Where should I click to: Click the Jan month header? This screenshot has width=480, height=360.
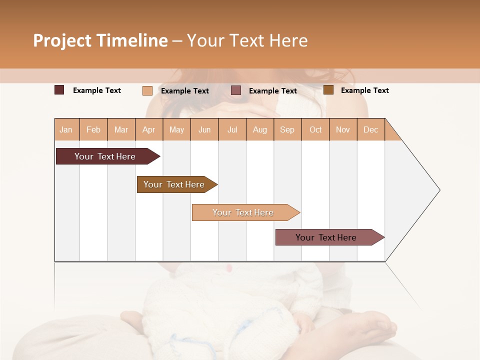pos(66,129)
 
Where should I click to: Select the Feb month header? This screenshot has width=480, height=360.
pos(93,129)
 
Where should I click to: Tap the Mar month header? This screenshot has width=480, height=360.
pos(121,129)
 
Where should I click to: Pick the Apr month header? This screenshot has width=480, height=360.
pos(149,129)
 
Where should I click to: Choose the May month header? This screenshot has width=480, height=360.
pos(176,129)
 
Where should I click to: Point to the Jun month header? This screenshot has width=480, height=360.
pos(204,129)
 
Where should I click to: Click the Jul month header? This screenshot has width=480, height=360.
pos(232,129)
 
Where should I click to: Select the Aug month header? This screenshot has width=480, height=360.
pos(260,129)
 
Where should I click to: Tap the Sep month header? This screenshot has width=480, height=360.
pos(287,129)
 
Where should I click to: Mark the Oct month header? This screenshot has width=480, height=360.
pos(315,129)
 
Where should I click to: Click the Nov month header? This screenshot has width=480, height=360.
pos(343,129)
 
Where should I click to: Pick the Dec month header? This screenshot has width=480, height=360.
pos(371,129)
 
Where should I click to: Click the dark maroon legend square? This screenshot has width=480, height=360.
pos(59,90)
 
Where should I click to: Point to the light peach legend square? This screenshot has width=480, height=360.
pos(147,90)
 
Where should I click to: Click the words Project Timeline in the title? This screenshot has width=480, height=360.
pos(100,40)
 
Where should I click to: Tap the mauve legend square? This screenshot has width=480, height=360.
pos(236,90)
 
